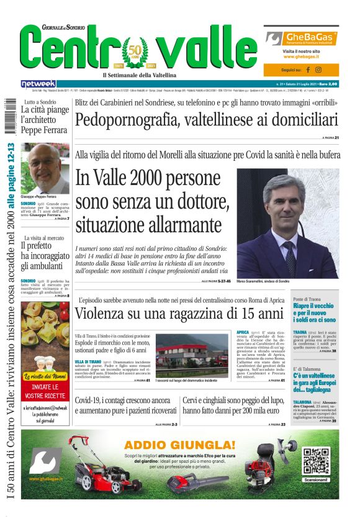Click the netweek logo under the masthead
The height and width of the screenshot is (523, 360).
38,84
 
